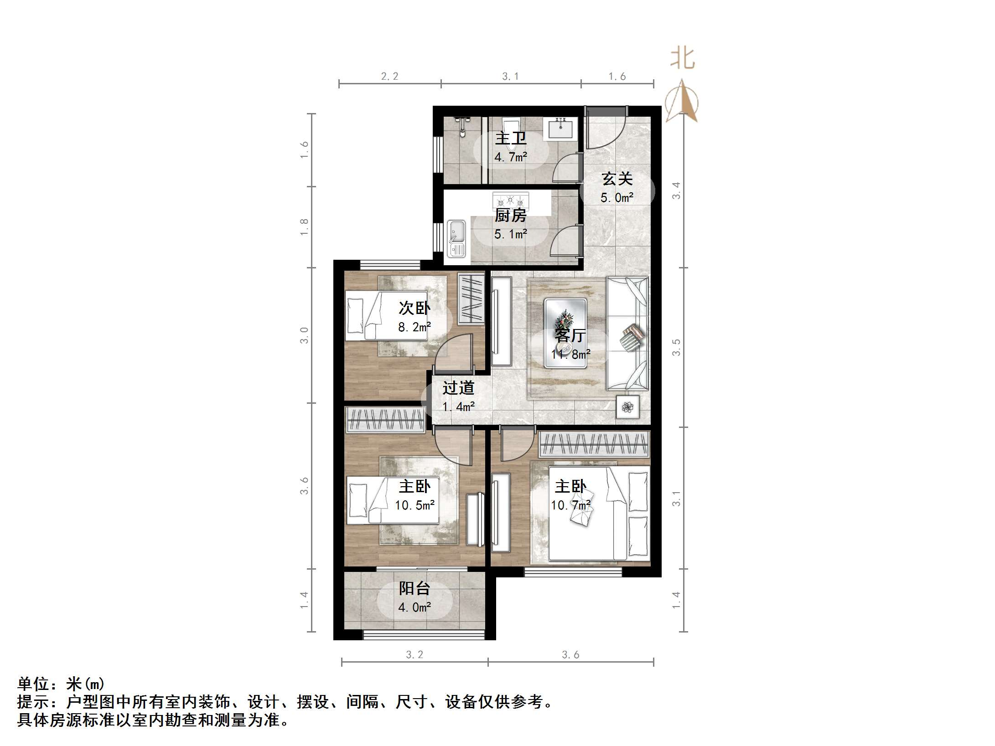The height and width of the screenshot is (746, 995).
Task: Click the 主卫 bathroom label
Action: tap(511, 138)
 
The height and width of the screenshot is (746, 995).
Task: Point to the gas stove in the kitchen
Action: tap(511, 200)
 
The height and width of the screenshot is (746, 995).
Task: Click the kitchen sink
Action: tap(456, 238)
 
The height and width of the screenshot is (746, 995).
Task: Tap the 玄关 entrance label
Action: tap(617, 179)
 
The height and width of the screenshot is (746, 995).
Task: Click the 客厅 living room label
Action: tap(570, 336)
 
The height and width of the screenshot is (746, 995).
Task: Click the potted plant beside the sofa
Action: tap(628, 406)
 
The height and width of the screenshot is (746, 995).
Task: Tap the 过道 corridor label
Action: tap(458, 388)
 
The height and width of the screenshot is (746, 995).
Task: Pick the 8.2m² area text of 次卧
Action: tap(415, 327)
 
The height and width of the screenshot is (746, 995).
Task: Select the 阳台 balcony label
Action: tap(415, 588)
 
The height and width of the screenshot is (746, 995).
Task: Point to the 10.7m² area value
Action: tap(570, 505)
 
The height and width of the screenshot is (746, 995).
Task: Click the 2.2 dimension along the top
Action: tap(389, 77)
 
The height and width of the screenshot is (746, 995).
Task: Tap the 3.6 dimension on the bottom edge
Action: tap(570, 655)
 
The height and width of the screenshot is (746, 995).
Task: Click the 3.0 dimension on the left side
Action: tap(304, 335)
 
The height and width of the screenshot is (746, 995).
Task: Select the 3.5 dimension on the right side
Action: tap(676, 347)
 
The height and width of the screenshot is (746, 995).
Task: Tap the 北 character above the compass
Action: tap(683, 59)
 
